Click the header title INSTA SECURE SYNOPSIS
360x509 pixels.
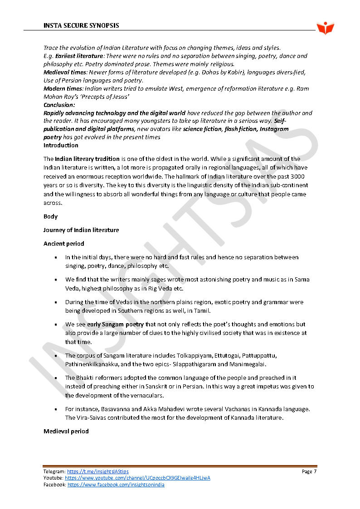coord(81,25)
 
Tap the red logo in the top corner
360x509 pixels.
coord(325,28)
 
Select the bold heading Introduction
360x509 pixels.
coord(61,145)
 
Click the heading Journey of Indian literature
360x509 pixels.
coord(81,230)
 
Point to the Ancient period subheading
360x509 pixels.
coord(63,243)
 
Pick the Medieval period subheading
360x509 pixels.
coord(66,431)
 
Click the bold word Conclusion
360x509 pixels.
coord(59,105)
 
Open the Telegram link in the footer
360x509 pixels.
coord(98,472)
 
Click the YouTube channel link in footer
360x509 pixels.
coord(137,478)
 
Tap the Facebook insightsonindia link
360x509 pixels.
coord(116,485)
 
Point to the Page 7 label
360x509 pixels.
coord(309,472)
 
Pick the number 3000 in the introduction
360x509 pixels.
coord(298,176)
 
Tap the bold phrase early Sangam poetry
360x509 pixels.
coord(115,325)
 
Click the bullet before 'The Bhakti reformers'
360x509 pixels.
coord(55,378)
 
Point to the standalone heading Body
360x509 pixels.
coord(50,217)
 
